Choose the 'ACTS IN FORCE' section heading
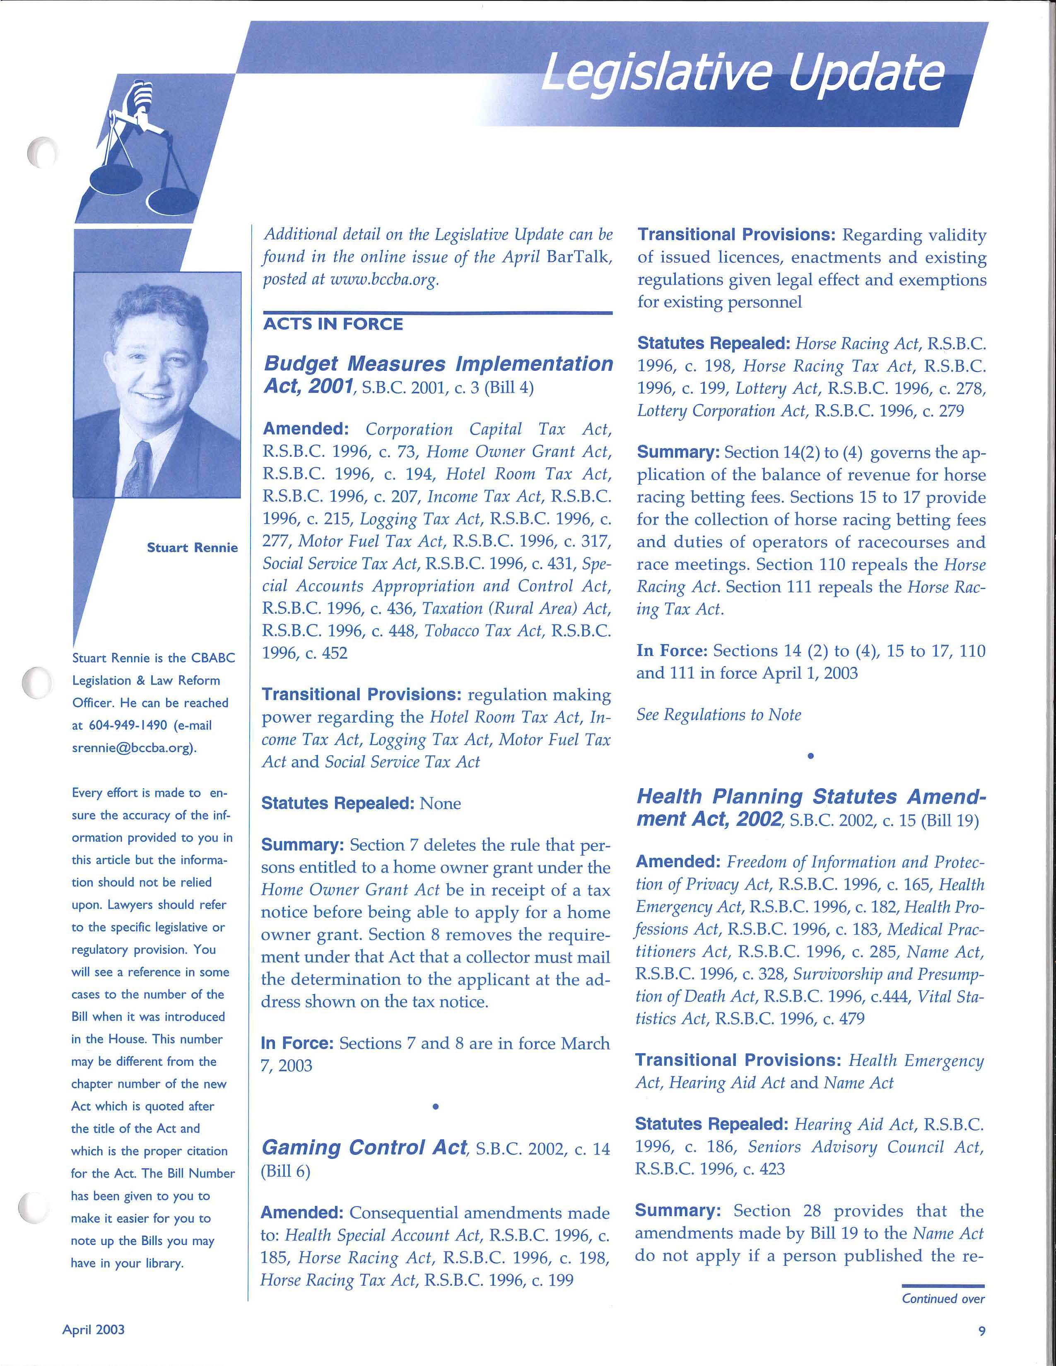click(x=333, y=325)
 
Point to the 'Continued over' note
click(x=943, y=1299)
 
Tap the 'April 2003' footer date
click(x=93, y=1330)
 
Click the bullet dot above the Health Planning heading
click(x=810, y=756)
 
